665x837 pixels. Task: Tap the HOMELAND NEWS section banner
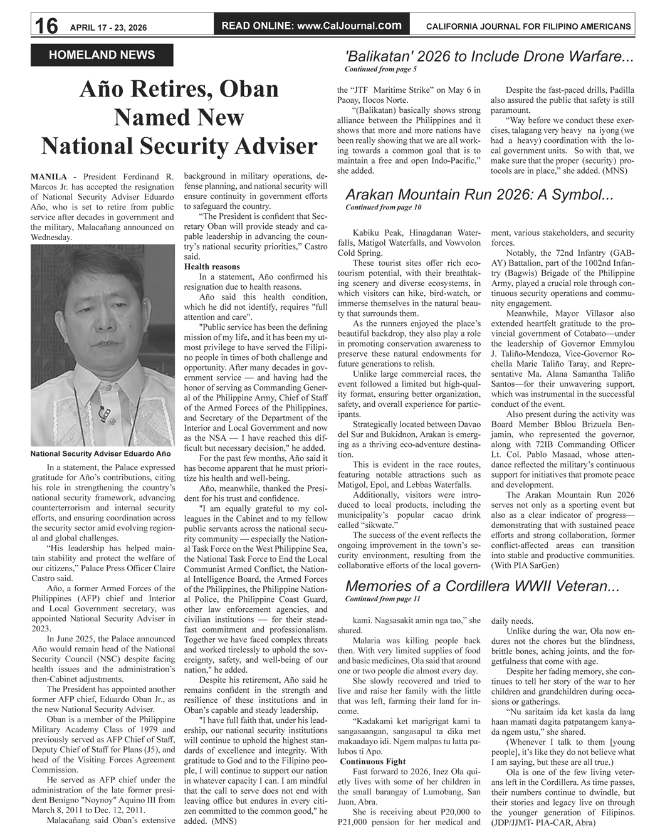click(x=102, y=55)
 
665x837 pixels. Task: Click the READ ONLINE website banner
click(x=312, y=26)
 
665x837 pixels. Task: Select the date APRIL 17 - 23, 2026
click(x=108, y=28)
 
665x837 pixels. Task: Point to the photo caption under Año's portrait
click(x=100, y=453)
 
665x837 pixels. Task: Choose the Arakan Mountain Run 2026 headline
click(x=479, y=195)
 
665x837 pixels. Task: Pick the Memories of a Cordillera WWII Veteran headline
click(x=482, y=587)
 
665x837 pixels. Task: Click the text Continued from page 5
click(x=380, y=69)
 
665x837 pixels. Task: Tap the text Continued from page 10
click(x=383, y=207)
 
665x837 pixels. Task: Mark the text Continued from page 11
click(x=382, y=599)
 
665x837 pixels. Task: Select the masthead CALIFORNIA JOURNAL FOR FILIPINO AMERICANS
click(x=528, y=26)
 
